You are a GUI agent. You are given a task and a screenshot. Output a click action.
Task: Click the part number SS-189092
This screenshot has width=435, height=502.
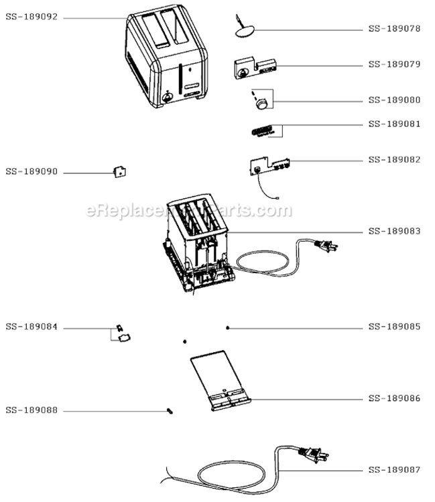32,17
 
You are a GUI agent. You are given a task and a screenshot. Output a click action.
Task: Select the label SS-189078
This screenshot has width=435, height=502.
394,29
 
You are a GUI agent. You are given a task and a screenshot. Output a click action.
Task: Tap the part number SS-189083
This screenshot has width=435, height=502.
394,231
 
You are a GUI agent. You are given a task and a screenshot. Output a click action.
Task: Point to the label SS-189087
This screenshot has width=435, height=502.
394,470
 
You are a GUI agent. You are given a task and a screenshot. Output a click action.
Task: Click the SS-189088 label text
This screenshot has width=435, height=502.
32,410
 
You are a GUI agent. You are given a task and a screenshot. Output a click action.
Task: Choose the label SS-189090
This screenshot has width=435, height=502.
32,171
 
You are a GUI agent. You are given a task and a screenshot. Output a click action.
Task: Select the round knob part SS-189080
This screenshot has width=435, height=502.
262,104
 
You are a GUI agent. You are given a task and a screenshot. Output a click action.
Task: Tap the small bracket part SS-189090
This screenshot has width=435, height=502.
120,172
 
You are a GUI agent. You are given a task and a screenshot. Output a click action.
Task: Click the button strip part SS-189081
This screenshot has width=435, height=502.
262,131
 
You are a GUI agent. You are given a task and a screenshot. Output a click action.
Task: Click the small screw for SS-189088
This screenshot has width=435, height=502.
170,411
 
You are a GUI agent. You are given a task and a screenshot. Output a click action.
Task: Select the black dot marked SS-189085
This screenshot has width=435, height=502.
228,328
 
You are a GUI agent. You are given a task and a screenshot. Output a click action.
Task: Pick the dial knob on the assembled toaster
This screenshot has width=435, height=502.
168,97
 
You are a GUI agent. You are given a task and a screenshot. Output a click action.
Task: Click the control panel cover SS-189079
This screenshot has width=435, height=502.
255,68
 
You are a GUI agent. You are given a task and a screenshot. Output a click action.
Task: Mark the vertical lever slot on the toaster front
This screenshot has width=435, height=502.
180,79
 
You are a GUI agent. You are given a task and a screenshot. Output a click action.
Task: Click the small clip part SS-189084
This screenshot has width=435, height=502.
123,333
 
